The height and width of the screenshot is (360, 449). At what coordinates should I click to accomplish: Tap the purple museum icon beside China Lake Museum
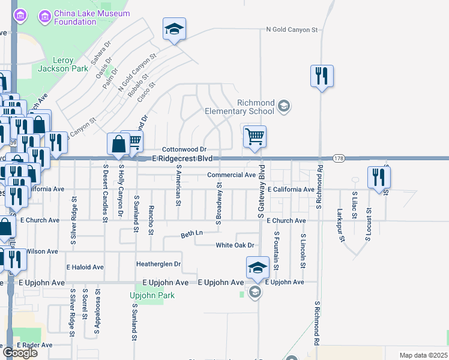coord(44,17)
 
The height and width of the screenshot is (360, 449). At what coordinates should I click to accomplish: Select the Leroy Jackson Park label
coord(63,64)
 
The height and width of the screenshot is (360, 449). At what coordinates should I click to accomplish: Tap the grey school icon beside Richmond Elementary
coord(284,107)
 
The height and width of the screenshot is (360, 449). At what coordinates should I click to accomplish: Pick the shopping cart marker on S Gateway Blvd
coord(255,137)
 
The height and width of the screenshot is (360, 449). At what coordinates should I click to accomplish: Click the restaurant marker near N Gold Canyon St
coord(322,76)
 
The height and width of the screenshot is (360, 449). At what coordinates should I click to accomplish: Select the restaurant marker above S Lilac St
coord(379,176)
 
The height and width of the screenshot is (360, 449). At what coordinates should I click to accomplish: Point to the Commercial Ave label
coord(232,175)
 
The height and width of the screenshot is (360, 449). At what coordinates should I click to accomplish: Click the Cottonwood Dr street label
coord(184,149)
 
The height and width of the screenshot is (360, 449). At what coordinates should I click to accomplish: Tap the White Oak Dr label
coord(236,245)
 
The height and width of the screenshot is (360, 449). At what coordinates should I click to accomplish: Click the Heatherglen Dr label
coord(159,263)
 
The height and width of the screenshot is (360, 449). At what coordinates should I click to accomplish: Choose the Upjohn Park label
coord(147,295)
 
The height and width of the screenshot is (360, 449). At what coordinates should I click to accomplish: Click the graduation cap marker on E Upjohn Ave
coord(257,268)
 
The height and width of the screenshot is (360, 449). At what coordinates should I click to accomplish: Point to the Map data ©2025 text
coord(424,355)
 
